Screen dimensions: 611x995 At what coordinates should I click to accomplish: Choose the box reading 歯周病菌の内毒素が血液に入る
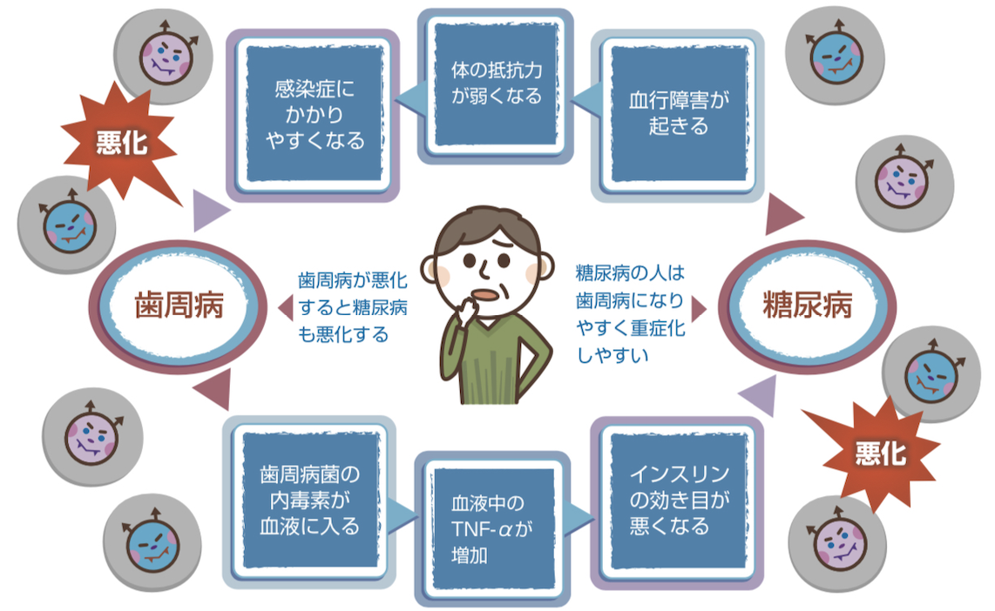pyautogui.click(x=309, y=500)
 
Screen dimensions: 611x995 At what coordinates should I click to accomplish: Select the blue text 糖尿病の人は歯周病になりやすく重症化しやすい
pyautogui.click(x=630, y=313)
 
